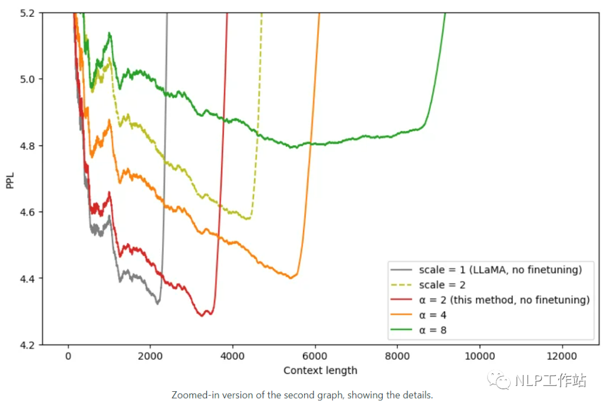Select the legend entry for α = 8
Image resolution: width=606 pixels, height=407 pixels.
coord(433,330)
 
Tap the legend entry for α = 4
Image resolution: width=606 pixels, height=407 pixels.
coord(433,315)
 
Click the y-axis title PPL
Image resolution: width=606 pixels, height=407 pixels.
coord(10,179)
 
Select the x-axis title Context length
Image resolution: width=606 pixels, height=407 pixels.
coord(320,371)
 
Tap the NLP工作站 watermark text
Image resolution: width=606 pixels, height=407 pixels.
coord(550,381)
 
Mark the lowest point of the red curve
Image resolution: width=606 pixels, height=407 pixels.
coord(202,315)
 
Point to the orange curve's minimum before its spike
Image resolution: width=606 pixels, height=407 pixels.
coord(291,278)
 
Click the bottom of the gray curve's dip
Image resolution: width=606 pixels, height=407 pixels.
coord(158,304)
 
